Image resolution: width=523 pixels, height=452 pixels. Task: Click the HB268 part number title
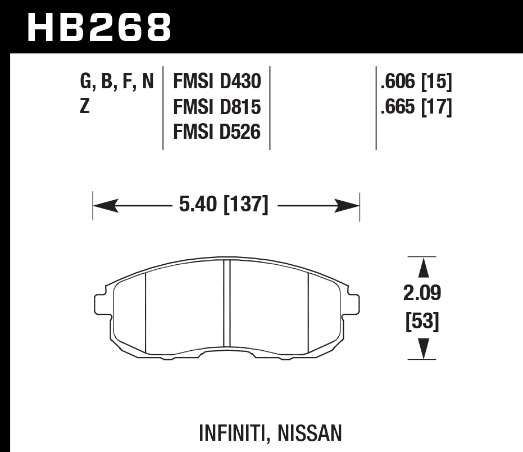point(99,26)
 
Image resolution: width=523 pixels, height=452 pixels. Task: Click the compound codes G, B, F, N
point(117,82)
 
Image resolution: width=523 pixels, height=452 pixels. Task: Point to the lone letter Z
point(85,106)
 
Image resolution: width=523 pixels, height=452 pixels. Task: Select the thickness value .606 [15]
point(416,83)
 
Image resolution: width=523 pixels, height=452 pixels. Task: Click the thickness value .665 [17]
point(416,106)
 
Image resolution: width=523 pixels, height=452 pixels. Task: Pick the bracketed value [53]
point(422,322)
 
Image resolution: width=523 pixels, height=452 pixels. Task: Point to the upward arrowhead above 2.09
point(423,267)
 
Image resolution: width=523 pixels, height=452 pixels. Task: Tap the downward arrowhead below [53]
point(423,350)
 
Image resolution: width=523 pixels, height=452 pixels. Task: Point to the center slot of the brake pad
point(227,304)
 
